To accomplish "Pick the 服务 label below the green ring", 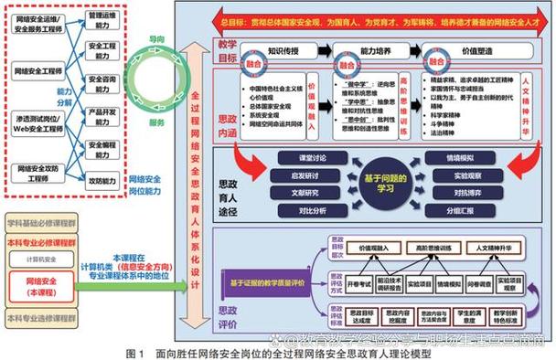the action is pyautogui.click(x=157, y=122).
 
